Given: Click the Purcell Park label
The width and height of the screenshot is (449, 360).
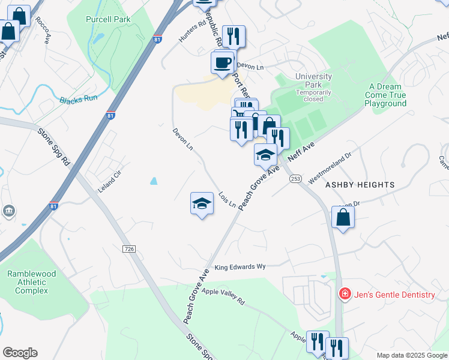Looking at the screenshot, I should (108, 20).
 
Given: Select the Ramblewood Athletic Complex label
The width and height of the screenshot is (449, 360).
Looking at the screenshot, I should (31, 282).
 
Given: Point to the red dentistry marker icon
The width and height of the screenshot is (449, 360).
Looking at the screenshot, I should (345, 294).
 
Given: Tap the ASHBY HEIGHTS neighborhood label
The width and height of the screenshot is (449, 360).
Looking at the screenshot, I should (360, 185).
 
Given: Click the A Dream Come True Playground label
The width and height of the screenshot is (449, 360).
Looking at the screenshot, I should (385, 95).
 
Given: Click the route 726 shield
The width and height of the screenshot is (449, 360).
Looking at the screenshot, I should (128, 248).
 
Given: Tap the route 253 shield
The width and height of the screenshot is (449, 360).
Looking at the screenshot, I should (295, 179).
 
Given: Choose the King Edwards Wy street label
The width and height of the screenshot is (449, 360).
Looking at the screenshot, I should (240, 266).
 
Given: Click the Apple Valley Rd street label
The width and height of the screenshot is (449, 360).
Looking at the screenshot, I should (223, 296).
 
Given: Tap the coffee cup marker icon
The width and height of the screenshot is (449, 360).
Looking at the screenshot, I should (223, 62).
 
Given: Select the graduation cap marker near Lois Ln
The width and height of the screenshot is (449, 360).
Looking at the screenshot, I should (202, 203).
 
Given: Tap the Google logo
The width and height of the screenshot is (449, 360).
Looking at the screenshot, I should (20, 353).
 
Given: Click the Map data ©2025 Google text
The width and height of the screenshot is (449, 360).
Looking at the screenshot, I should (411, 355).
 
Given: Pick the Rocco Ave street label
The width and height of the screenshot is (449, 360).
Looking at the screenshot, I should (42, 29).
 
